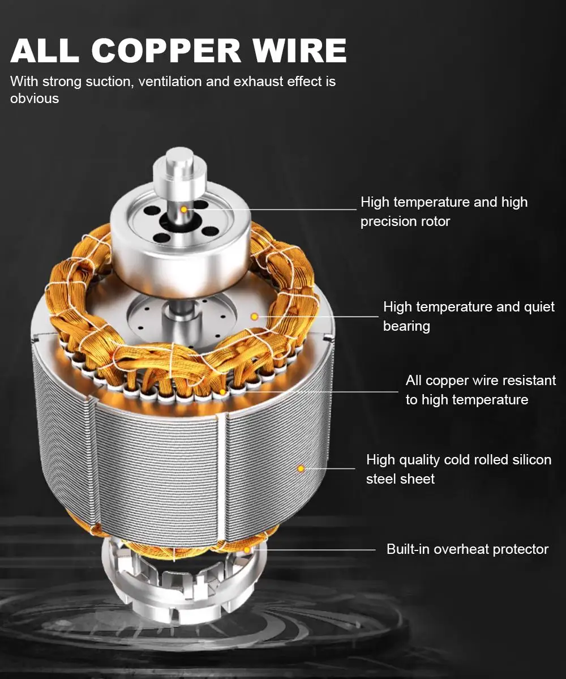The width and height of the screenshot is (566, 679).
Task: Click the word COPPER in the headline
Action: (166, 50)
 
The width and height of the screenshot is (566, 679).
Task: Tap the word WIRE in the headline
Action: (300, 50)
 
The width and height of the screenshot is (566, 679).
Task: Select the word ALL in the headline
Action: (45, 50)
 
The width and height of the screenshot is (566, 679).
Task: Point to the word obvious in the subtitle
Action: (35, 99)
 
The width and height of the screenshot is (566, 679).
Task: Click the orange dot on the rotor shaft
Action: (184, 210)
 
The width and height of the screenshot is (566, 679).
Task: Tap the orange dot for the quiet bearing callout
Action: (255, 317)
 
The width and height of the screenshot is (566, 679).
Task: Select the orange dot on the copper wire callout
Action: (222, 392)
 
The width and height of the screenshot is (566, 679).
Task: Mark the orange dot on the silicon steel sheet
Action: (301, 468)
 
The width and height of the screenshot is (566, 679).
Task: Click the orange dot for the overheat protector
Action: (247, 550)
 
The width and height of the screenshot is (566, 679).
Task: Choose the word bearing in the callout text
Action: (406, 326)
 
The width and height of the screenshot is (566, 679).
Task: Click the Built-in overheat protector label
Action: (468, 549)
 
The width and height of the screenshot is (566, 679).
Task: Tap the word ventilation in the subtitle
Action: (170, 82)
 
